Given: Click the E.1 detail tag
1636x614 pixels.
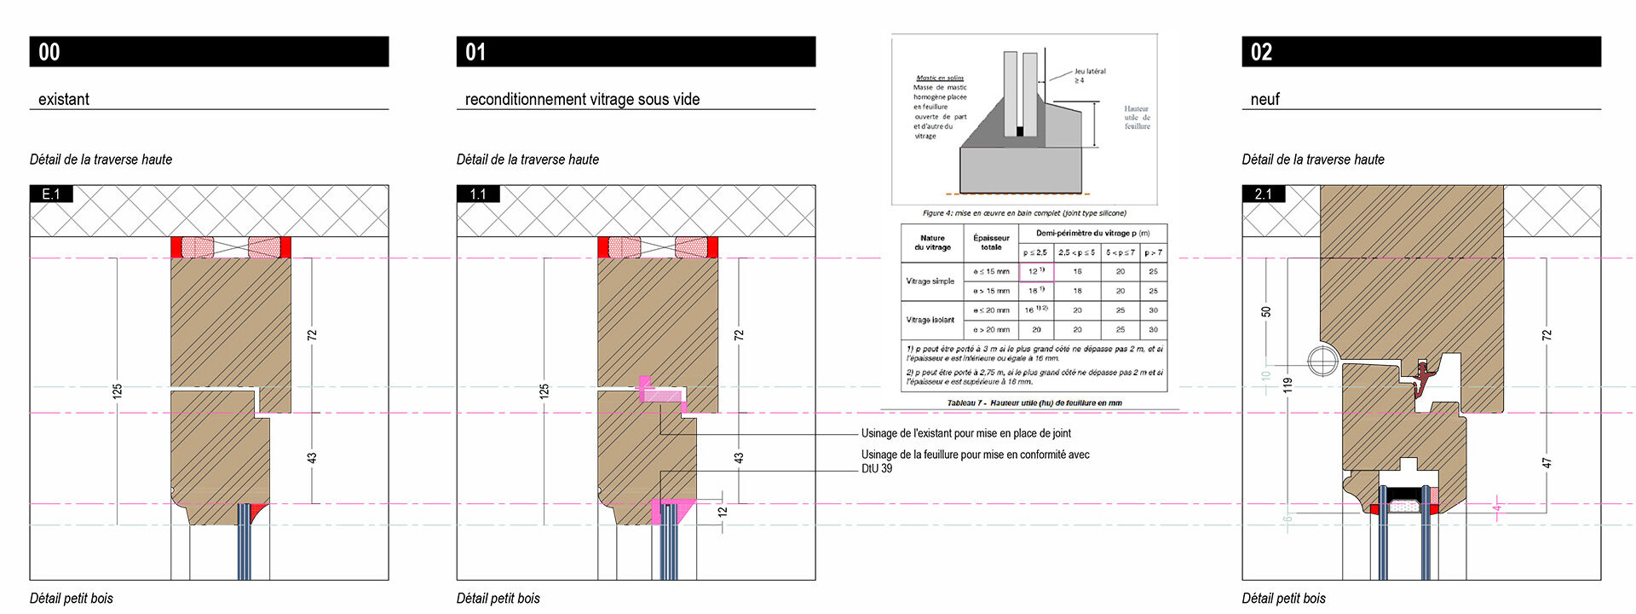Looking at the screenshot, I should tap(51, 194).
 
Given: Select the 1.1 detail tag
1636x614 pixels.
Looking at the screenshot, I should tap(478, 194).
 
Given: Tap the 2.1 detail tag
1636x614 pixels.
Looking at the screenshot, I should tap(1263, 194).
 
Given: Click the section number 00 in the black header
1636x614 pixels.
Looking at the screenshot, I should tap(49, 52).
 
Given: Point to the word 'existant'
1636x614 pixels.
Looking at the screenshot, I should tap(64, 99).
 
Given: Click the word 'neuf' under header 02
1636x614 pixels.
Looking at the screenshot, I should tap(1265, 99).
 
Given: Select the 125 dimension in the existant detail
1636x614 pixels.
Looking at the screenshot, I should tap(118, 391).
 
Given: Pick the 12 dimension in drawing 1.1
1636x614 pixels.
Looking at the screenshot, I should tap(723, 512).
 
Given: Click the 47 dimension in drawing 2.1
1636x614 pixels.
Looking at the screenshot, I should tap(1547, 463).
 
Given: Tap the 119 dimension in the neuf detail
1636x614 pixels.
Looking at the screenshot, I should tap(1287, 385).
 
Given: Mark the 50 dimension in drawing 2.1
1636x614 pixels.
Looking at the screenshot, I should tap(1266, 312).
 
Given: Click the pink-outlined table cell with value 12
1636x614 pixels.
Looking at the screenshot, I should tap(1036, 271).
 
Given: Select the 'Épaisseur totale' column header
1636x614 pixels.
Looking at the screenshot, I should tap(991, 242).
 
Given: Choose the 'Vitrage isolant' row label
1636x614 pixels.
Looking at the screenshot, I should tap(930, 320).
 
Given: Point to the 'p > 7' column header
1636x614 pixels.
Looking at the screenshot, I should tap(1153, 252).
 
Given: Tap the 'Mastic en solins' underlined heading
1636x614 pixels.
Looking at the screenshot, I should tap(940, 78).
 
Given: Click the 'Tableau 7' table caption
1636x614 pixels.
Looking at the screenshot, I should tap(1034, 403).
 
